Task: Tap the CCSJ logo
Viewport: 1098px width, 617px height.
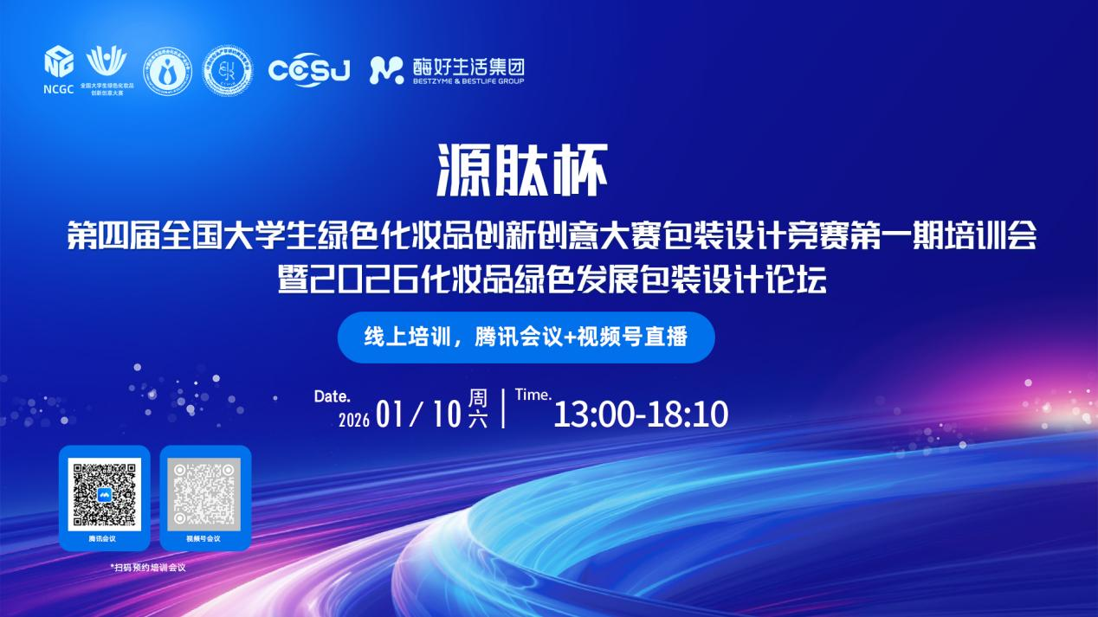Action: pyautogui.click(x=309, y=70)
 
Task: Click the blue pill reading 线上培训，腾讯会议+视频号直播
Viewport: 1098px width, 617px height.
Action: pyautogui.click(x=526, y=337)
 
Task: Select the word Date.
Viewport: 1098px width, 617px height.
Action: pyautogui.click(x=332, y=397)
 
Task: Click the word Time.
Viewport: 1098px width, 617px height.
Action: pyautogui.click(x=533, y=395)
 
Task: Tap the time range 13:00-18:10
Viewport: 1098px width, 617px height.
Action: pyautogui.click(x=641, y=415)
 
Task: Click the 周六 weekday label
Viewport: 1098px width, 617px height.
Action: pyautogui.click(x=478, y=408)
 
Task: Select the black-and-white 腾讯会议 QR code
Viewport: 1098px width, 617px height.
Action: pyautogui.click(x=105, y=494)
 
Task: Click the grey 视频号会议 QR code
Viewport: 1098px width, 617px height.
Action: pyautogui.click(x=203, y=494)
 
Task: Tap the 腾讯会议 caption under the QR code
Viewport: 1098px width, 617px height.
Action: pyautogui.click(x=102, y=538)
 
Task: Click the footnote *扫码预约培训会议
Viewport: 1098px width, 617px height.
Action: pyautogui.click(x=147, y=568)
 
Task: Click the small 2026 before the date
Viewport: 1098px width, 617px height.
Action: pyautogui.click(x=354, y=421)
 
